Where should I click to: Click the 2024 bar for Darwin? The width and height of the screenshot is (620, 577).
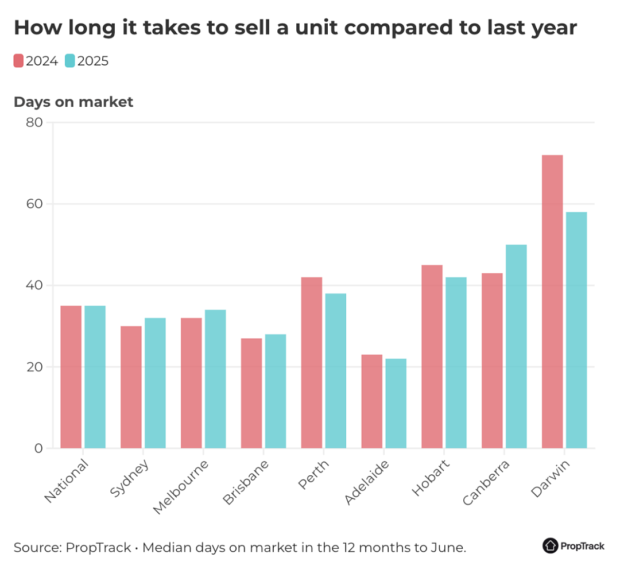click(552, 301)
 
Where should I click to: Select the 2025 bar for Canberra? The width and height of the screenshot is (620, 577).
click(516, 346)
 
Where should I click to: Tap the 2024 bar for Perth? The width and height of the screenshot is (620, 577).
click(312, 363)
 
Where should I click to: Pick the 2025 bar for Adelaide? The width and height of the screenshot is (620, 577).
click(396, 404)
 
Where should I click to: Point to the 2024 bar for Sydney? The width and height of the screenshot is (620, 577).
click(131, 387)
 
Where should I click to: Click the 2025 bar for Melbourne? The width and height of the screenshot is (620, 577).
click(215, 379)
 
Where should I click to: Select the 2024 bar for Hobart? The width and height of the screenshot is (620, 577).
click(432, 357)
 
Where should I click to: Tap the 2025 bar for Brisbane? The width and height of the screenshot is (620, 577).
click(275, 391)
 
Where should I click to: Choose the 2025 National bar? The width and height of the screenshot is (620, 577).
click(95, 377)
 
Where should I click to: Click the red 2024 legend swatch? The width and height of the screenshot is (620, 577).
click(18, 61)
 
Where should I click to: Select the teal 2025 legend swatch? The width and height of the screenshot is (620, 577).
click(69, 61)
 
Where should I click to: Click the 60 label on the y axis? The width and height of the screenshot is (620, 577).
click(34, 204)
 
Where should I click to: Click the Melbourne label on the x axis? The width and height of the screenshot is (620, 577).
click(181, 487)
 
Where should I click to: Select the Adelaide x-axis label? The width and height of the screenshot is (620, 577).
click(366, 482)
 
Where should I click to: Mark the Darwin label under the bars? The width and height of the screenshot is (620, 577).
click(550, 478)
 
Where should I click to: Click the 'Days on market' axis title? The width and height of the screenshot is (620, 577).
click(73, 102)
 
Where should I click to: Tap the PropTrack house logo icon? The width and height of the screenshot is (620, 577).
click(550, 546)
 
